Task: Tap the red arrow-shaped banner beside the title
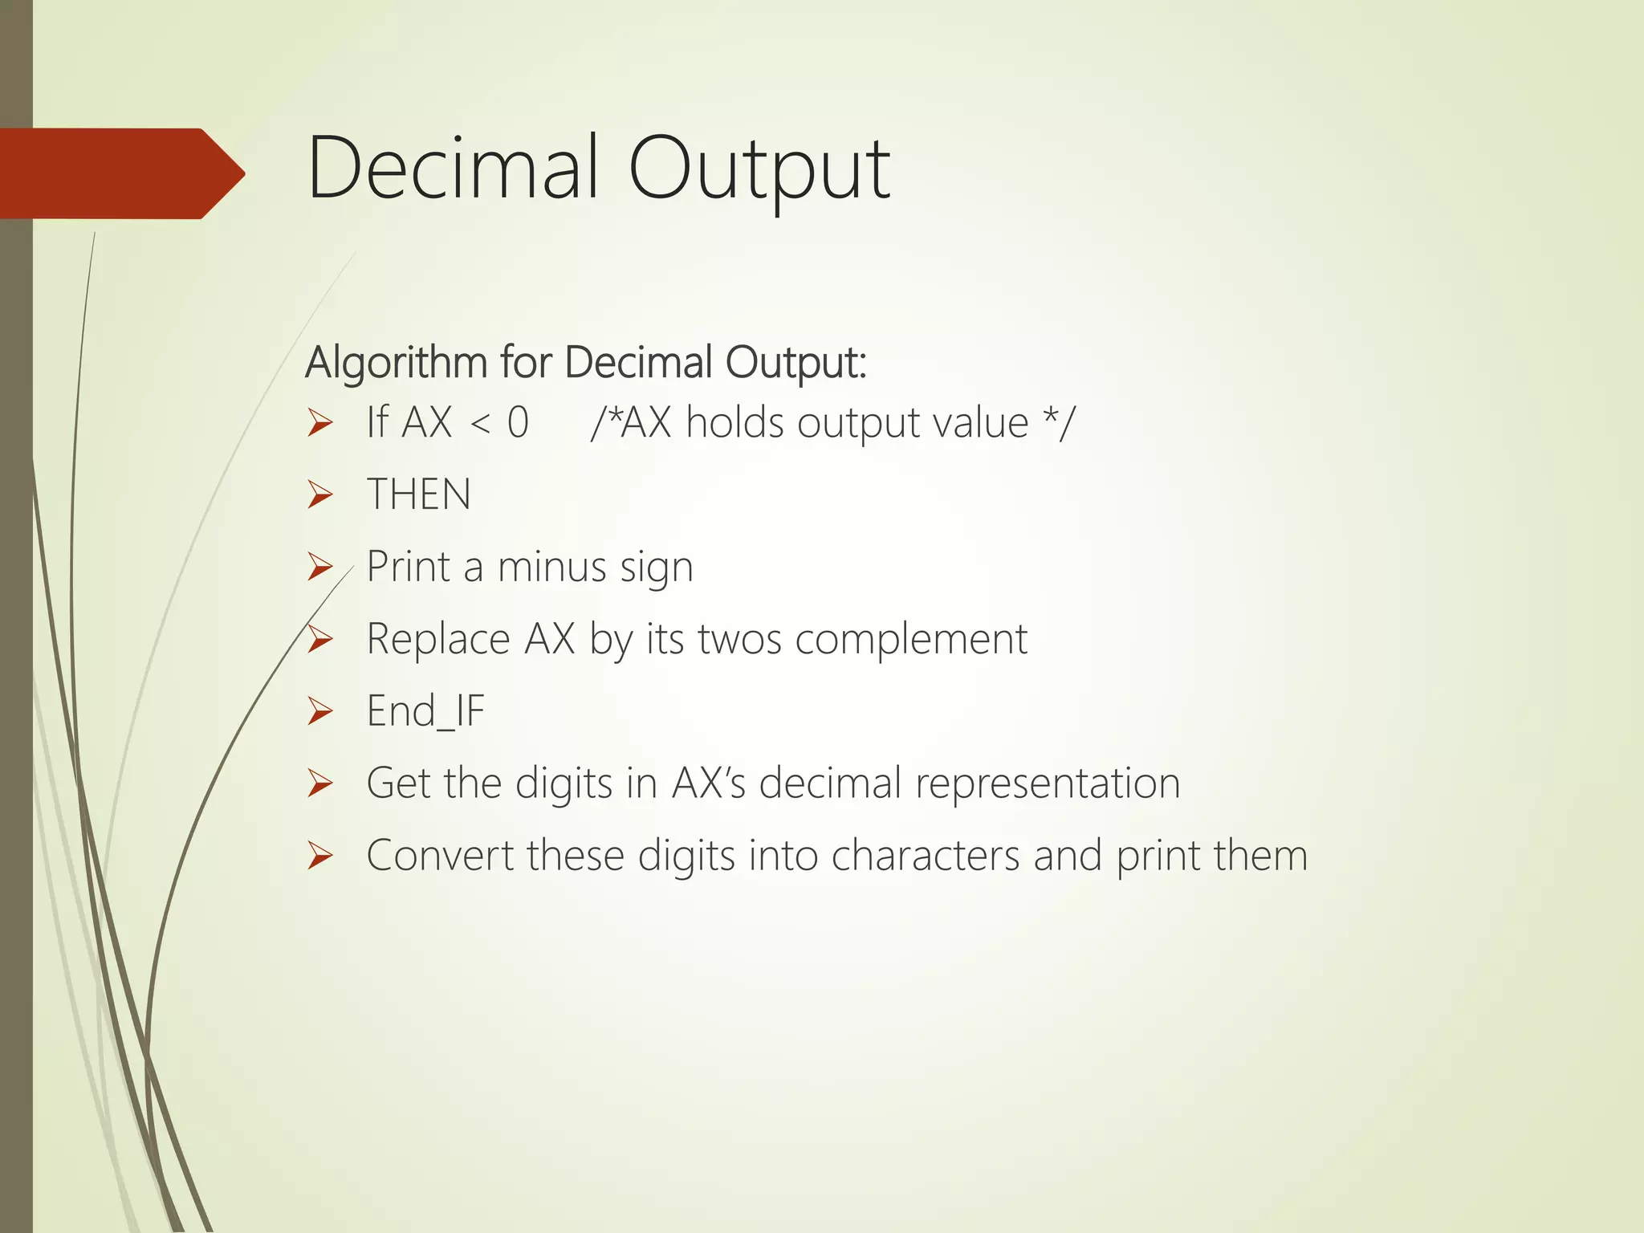point(120,173)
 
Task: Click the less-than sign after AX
point(479,423)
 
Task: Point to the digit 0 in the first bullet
point(518,423)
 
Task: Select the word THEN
point(418,494)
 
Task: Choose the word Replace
point(437,640)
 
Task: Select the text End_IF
point(425,711)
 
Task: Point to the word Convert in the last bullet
point(439,856)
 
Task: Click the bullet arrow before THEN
point(319,495)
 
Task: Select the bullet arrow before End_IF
point(319,712)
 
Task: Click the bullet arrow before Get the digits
point(319,784)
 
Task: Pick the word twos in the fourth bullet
point(739,640)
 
